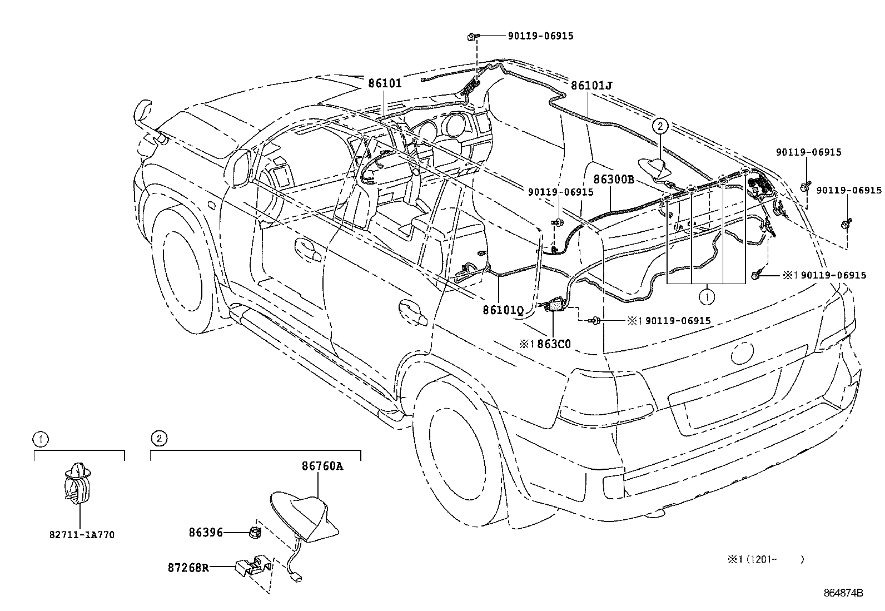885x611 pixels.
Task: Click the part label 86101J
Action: coord(591,85)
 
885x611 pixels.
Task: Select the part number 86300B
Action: coord(614,180)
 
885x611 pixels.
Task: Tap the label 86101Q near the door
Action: coord(503,310)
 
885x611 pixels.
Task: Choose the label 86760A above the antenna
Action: coord(322,466)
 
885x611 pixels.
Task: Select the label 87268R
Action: coord(188,568)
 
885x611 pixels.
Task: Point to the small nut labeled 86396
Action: coord(254,532)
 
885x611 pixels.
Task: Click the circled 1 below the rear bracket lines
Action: coord(707,297)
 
